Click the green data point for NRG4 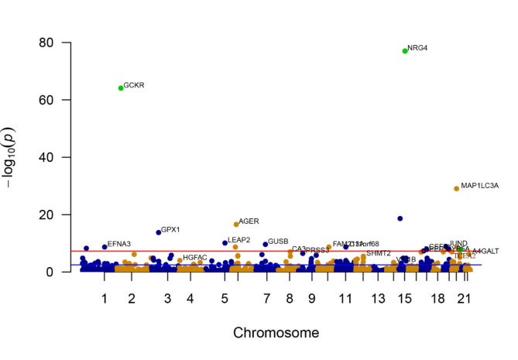coord(405,51)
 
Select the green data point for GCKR coord(121,88)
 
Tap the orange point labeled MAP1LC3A coord(457,188)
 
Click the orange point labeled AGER coord(236,225)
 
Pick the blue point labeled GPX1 coord(159,232)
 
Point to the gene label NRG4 coord(417,49)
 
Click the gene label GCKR coord(134,85)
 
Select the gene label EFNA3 coord(119,245)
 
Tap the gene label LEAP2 coord(238,240)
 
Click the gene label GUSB coord(278,242)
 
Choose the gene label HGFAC coord(194,257)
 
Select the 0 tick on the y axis coord(54,272)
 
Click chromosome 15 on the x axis coord(405,298)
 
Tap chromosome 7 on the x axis coord(266,298)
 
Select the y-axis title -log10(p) coord(17,157)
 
